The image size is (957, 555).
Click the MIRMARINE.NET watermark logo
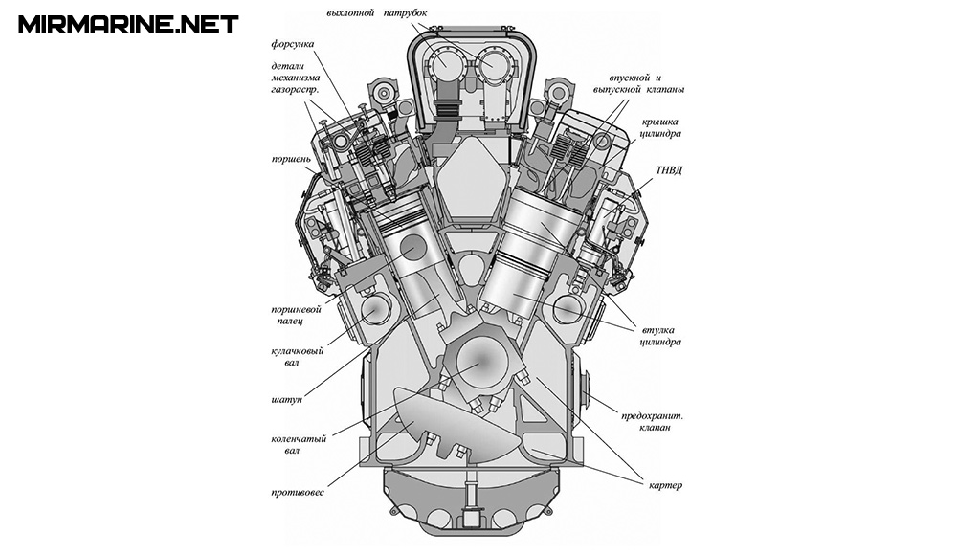[x=127, y=24]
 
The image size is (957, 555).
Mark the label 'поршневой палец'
[x=293, y=316]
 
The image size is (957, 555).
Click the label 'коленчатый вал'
[x=297, y=445]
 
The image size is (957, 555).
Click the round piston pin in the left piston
[x=413, y=247]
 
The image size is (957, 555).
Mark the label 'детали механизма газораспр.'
[x=295, y=77]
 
